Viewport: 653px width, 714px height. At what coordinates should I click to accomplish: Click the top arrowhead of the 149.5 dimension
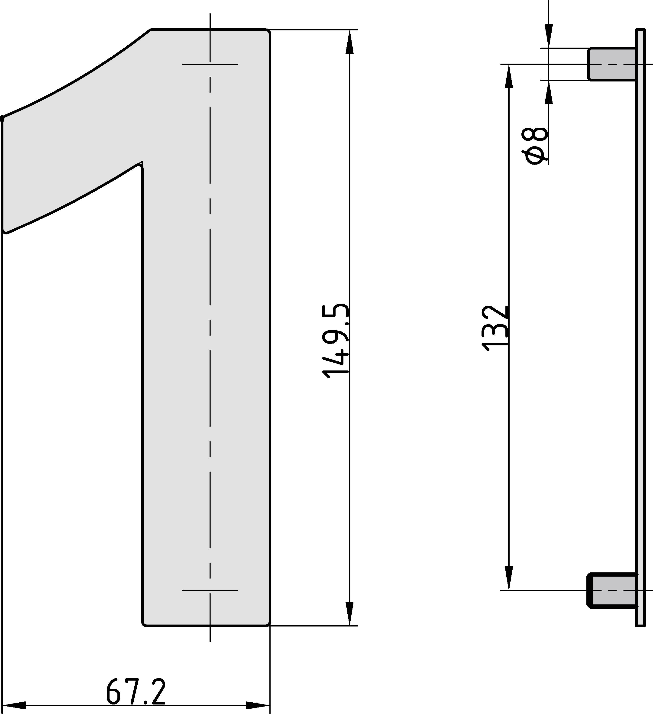point(349,42)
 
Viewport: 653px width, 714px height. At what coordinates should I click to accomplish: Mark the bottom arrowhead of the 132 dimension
point(508,578)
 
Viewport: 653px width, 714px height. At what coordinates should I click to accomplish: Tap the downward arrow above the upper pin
point(549,36)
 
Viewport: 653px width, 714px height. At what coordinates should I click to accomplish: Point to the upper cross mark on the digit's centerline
point(210,64)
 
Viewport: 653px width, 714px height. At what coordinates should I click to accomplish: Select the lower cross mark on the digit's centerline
point(210,590)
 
